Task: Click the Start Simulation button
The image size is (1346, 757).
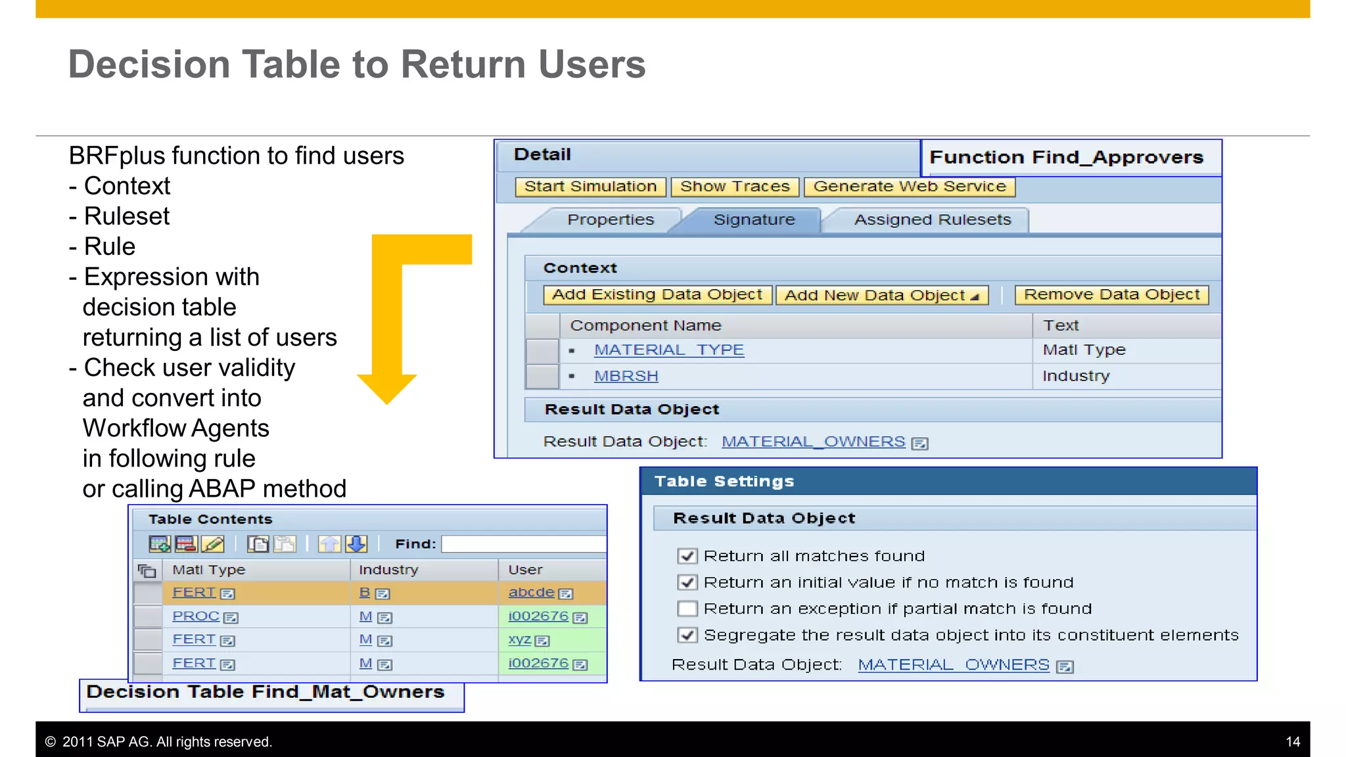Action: coord(590,187)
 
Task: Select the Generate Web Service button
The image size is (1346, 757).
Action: coord(909,187)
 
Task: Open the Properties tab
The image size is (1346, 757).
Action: coord(610,220)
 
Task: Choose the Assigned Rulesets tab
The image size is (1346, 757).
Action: coord(932,220)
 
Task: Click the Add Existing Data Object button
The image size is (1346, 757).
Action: coord(657,295)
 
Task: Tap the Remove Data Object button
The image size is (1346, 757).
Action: coord(1111,295)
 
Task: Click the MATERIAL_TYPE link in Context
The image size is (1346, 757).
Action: coord(668,350)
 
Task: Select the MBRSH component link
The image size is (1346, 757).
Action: coord(626,377)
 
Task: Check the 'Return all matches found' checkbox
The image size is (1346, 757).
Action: coord(687,556)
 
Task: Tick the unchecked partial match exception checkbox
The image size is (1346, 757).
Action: coord(687,608)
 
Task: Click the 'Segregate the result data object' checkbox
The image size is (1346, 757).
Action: coord(687,635)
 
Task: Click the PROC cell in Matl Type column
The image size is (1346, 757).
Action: coord(195,616)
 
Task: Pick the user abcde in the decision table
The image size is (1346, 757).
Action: coord(531,593)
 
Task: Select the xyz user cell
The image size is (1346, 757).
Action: coord(519,639)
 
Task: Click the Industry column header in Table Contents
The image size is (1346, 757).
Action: coord(388,570)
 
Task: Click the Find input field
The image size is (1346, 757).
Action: coord(523,544)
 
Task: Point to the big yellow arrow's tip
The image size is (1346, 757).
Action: coord(387,402)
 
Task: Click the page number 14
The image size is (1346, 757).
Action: coord(1292,742)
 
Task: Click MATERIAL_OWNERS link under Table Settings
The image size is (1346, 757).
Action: coord(953,665)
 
